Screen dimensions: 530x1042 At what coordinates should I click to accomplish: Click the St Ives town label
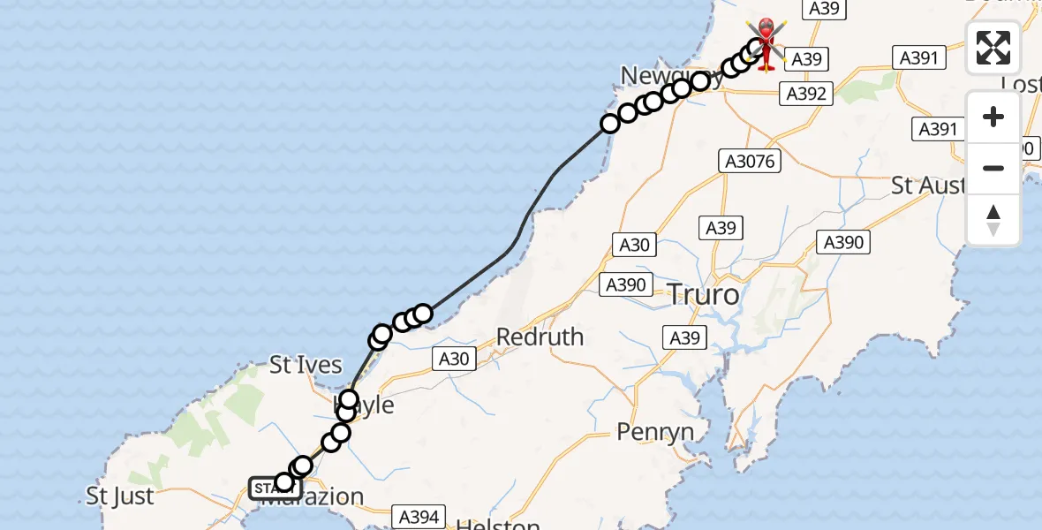coord(306,365)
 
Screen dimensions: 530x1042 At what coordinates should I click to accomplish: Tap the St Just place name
coord(120,496)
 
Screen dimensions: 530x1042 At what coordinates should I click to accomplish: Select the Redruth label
coord(540,337)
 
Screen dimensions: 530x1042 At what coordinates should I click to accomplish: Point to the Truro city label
coord(703,294)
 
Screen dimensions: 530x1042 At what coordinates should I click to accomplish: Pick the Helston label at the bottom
coord(498,524)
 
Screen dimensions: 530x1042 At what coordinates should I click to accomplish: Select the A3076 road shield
coord(749,160)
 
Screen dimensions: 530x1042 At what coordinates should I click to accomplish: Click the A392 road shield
coord(805,93)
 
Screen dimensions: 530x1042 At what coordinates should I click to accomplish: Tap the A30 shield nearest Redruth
coord(453,358)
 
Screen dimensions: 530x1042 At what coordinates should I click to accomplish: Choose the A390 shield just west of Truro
coord(625,284)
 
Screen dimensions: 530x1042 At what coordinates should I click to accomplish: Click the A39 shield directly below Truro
coord(685,337)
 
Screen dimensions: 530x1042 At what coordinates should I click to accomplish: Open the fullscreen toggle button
coord(993,48)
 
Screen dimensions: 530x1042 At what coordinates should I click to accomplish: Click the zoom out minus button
coord(993,168)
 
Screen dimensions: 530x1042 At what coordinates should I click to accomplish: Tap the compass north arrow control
coord(993,219)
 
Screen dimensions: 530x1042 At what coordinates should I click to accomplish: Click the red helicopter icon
coord(766,44)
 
